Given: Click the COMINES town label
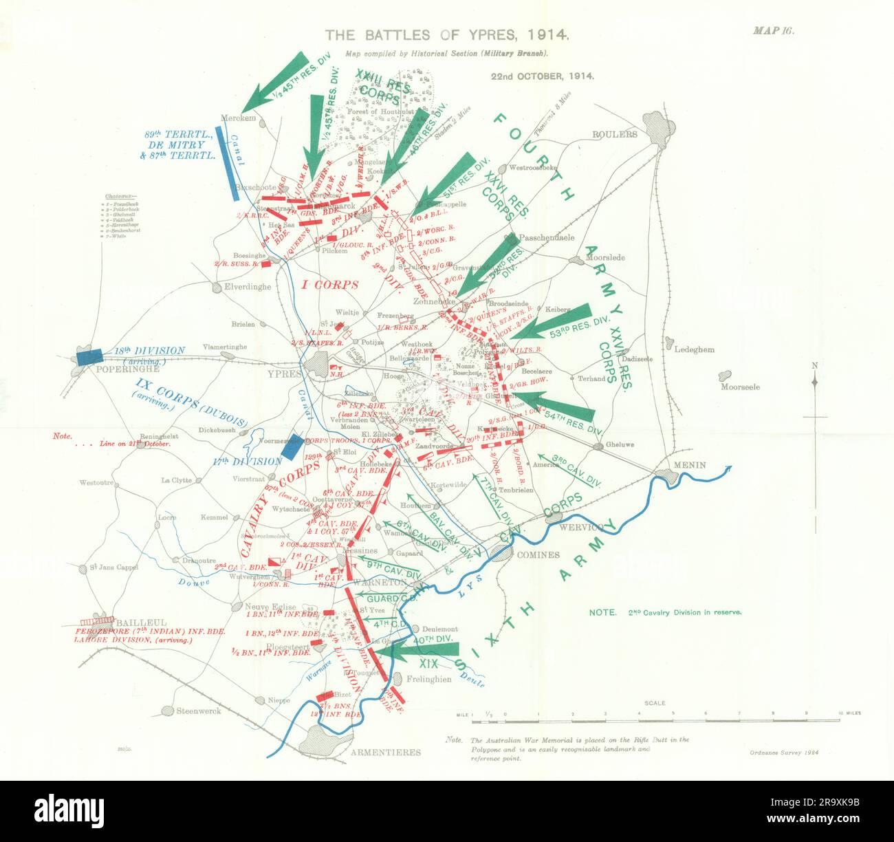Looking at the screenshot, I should pos(538,554).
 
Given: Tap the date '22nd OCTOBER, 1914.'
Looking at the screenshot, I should pos(542,76).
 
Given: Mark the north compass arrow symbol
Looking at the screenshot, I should pos(815,382).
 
